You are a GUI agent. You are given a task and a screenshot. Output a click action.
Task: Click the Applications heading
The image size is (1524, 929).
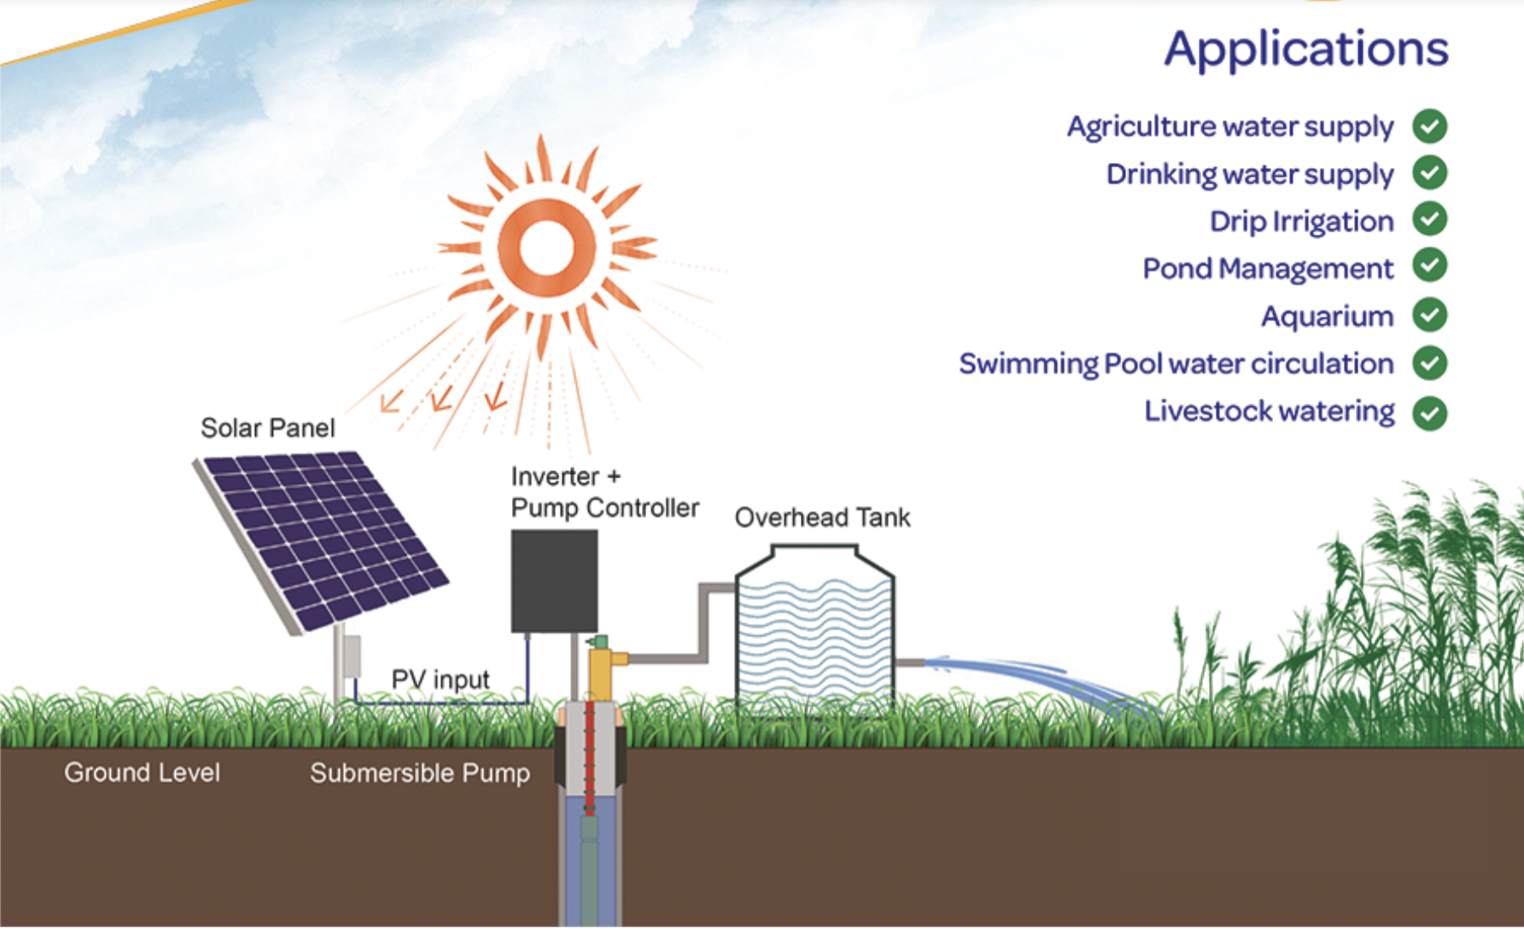[1306, 50]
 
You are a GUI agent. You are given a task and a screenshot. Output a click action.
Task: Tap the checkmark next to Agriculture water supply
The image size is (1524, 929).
[1429, 127]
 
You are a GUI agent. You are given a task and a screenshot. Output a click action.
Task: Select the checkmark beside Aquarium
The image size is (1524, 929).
[1429, 316]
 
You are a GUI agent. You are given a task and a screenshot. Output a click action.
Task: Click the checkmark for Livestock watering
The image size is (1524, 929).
[1429, 413]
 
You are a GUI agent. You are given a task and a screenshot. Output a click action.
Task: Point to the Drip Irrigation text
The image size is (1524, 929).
[1301, 221]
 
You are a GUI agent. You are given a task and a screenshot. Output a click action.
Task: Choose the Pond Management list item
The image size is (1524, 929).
[1268, 269]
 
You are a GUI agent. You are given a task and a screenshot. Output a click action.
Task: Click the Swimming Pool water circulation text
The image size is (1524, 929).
[1176, 364]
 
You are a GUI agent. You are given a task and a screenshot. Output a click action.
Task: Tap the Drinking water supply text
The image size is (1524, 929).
[1249, 174]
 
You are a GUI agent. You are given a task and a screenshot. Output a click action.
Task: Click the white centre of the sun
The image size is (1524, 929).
[547, 247]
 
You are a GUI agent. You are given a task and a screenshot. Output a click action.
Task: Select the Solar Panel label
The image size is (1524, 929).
[268, 428]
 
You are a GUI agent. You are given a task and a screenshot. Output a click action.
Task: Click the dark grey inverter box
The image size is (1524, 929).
[554, 581]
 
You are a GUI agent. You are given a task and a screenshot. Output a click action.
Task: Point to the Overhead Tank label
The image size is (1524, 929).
[823, 517]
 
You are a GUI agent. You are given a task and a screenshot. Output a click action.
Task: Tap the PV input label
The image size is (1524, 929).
[440, 679]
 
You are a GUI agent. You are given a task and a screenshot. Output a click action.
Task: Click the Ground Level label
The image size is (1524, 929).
[142, 773]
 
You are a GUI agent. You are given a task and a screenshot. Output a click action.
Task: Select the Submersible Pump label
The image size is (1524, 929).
[420, 774]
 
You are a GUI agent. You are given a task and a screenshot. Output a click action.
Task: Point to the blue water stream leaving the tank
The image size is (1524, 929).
[1043, 681]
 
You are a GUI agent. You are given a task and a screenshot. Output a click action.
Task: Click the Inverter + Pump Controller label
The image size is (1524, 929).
[605, 492]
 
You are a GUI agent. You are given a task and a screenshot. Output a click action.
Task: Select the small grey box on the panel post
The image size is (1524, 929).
[351, 656]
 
